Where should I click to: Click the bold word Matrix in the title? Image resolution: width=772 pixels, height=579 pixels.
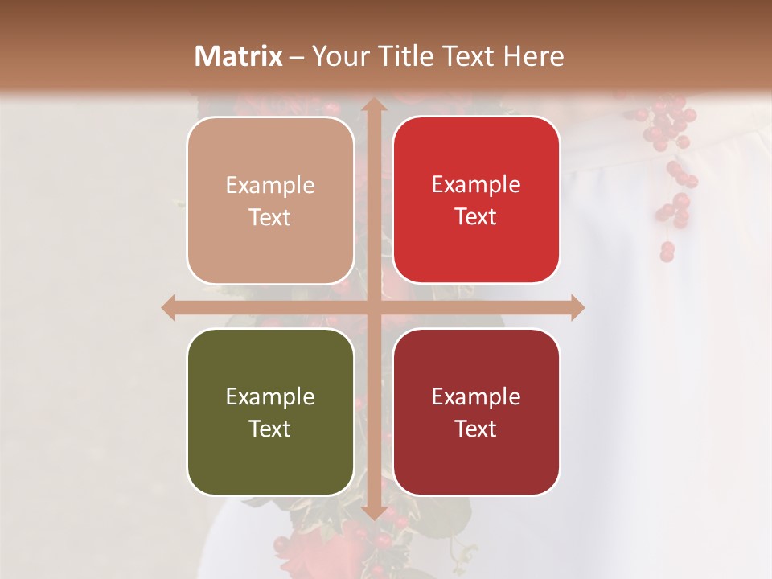(x=239, y=56)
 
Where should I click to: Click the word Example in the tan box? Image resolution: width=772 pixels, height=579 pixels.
(x=270, y=186)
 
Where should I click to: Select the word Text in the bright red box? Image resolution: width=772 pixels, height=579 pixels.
(x=476, y=217)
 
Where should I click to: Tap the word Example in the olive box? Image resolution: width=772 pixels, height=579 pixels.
(x=270, y=396)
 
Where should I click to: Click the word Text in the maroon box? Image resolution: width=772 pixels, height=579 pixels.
(x=476, y=429)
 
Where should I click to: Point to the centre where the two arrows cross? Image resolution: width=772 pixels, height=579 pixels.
(x=373, y=307)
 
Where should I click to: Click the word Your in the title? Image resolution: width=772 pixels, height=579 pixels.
(x=336, y=56)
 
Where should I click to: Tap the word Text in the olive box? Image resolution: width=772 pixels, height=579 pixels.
(x=270, y=429)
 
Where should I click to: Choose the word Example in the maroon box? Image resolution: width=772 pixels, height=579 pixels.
(x=476, y=396)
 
